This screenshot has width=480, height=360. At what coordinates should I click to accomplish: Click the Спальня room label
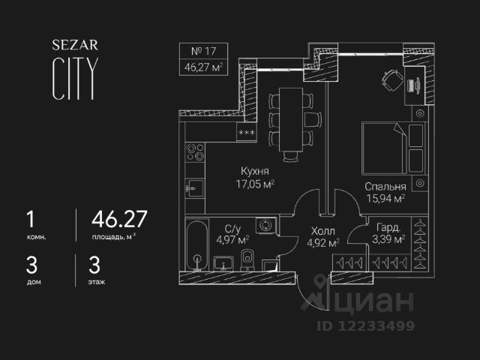(385, 187)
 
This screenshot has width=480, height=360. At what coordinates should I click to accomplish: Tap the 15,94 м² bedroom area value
(385, 199)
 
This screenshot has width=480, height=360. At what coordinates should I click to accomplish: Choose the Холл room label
(320, 231)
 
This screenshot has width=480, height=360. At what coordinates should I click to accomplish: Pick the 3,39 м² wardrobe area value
(388, 240)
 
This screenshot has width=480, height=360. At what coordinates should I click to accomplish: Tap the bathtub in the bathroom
(197, 247)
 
